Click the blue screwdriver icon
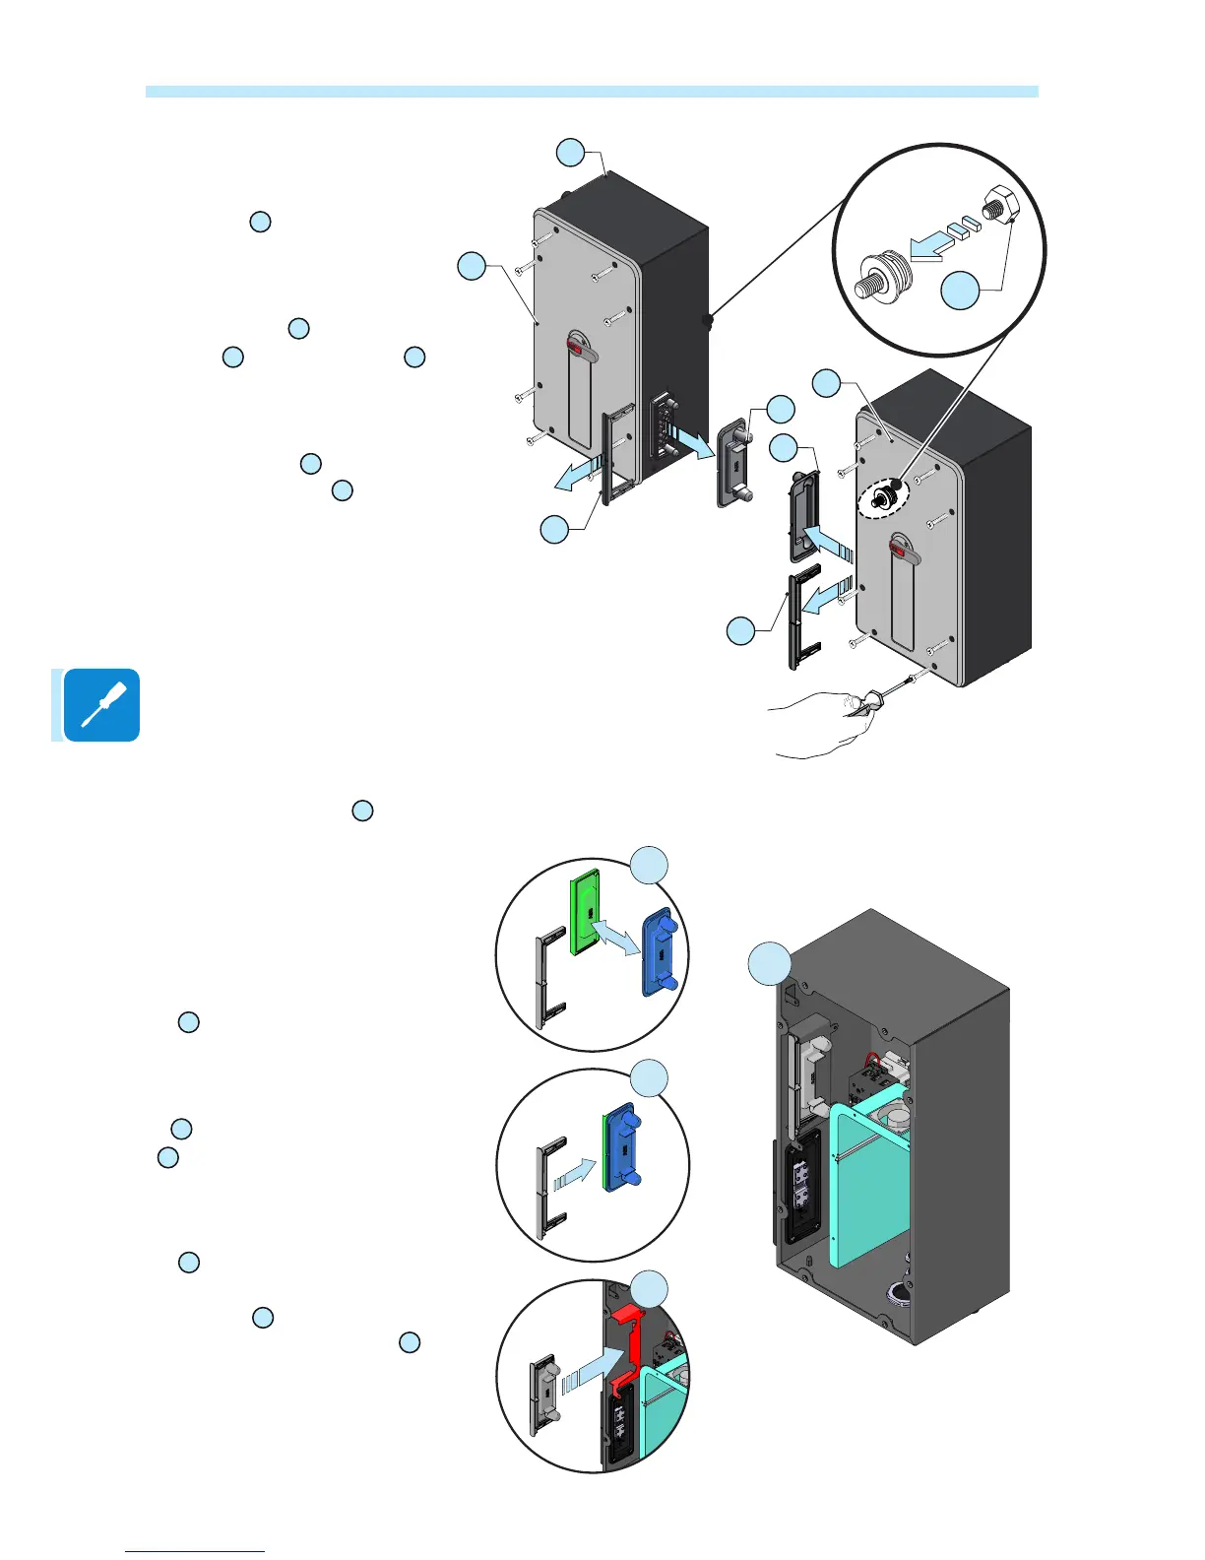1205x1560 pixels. tap(100, 705)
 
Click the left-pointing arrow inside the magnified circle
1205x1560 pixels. tap(939, 236)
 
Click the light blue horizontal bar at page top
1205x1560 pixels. tap(592, 92)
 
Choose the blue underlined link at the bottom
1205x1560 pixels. tap(195, 1551)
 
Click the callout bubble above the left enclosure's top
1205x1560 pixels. tap(570, 153)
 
